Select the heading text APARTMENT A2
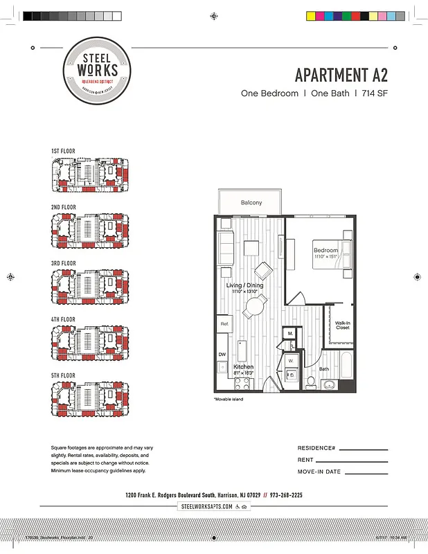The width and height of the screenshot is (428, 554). [x=340, y=75]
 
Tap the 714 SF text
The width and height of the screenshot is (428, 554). [x=373, y=93]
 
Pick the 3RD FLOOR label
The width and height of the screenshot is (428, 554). [x=63, y=263]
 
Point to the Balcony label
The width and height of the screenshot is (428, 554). [x=251, y=203]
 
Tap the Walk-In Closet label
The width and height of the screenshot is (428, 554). [x=343, y=325]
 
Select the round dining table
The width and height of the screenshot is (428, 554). [x=256, y=305]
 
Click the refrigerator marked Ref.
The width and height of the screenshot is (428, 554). [x=224, y=323]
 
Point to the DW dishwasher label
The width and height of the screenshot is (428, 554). [x=222, y=355]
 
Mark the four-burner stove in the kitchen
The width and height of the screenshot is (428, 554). [x=244, y=382]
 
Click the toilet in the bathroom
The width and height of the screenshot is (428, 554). [x=311, y=382]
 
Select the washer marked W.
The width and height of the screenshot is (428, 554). [x=290, y=360]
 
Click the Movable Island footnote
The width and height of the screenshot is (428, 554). [x=229, y=400]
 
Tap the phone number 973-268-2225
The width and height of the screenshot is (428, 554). [x=287, y=495]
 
